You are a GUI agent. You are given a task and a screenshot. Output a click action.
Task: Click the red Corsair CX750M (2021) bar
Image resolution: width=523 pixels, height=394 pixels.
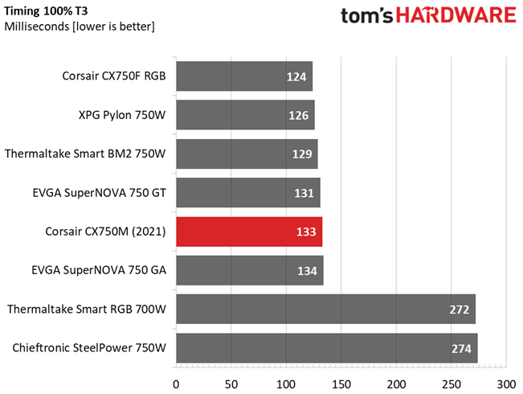coord(248,232)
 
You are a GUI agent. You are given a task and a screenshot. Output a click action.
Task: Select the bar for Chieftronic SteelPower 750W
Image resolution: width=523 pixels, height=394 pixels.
coord(326,347)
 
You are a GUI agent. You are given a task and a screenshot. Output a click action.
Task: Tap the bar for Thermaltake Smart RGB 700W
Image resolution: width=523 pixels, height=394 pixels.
coord(325,309)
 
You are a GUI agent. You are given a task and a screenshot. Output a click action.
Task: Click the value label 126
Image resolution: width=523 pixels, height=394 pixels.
coord(298,116)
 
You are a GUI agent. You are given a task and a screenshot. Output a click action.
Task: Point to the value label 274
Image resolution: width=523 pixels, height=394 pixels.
coord(461,347)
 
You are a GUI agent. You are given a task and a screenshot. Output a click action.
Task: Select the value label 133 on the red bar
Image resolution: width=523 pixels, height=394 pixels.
coord(305,232)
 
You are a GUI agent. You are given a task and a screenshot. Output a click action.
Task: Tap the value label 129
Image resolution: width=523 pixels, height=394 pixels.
coord(302,154)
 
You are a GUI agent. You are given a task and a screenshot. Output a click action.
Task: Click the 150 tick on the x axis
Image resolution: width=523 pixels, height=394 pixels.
coord(341,376)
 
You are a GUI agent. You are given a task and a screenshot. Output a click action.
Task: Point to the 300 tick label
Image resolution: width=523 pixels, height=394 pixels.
coord(505,376)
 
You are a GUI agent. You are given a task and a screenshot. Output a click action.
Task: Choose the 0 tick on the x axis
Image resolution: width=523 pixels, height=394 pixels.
coord(176,376)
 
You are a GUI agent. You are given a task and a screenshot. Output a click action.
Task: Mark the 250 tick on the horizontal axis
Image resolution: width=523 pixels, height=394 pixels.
coord(451,376)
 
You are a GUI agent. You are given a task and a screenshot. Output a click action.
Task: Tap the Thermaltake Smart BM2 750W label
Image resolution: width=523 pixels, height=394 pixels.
coord(85,154)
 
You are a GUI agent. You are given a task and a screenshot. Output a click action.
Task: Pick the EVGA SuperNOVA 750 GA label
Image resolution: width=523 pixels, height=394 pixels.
coord(99,270)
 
